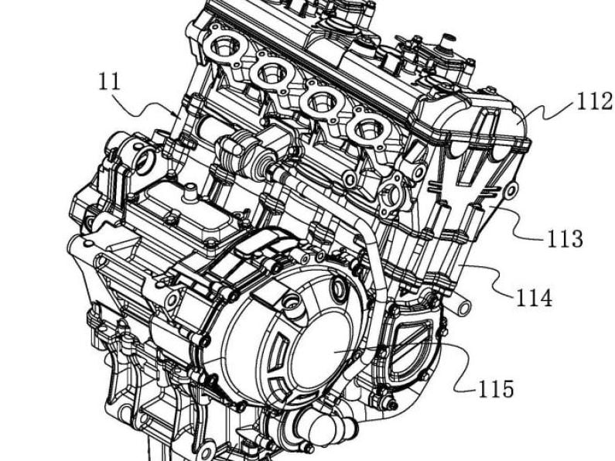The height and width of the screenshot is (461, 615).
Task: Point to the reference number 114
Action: coord(535,296)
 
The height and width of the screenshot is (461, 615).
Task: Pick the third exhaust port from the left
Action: coord(319,102)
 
